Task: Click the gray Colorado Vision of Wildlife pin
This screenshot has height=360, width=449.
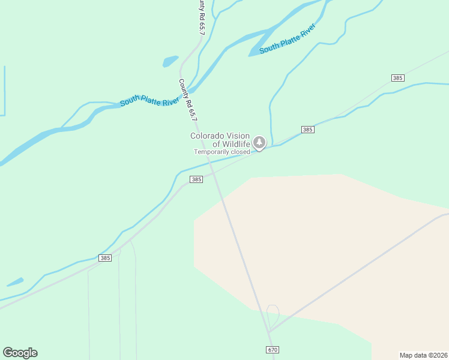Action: [259, 143]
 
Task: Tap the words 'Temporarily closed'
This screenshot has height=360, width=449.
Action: [221, 152]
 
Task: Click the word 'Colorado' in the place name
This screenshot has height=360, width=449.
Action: [208, 136]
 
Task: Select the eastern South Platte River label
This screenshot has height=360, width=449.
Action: [287, 40]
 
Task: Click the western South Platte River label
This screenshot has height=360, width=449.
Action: [149, 98]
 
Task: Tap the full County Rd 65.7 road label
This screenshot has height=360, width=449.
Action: [188, 99]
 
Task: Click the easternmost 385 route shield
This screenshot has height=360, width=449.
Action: [397, 78]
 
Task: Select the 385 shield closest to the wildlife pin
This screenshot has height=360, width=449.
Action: [307, 130]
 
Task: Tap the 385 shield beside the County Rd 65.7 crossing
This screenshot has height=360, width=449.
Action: [196, 179]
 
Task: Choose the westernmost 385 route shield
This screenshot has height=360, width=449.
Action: [105, 258]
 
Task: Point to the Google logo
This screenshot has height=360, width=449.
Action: [20, 352]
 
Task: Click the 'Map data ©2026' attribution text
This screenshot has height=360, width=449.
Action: [424, 355]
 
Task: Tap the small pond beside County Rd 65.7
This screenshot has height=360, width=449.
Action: [170, 61]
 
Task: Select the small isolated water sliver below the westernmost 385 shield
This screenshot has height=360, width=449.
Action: [15, 281]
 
